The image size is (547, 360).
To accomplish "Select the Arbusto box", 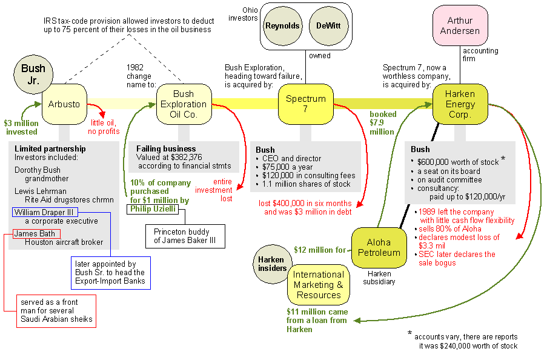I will pyautogui.click(x=65, y=104).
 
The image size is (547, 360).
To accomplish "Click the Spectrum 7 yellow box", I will pyautogui.click(x=306, y=104).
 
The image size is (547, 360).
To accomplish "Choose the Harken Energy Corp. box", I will pyautogui.click(x=460, y=104).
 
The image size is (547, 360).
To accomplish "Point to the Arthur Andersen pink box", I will pyautogui.click(x=460, y=25).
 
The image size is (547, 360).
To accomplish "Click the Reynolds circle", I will pyautogui.click(x=282, y=26).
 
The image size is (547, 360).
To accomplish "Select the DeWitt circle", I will pyautogui.click(x=328, y=26).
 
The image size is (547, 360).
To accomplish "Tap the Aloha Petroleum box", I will pyautogui.click(x=379, y=247).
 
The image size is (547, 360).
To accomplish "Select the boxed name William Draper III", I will pyautogui.click(x=45, y=212).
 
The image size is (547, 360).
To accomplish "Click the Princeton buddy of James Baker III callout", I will pyautogui.click(x=185, y=236).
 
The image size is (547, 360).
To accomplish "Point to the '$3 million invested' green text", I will pyautogui.click(x=21, y=127).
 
